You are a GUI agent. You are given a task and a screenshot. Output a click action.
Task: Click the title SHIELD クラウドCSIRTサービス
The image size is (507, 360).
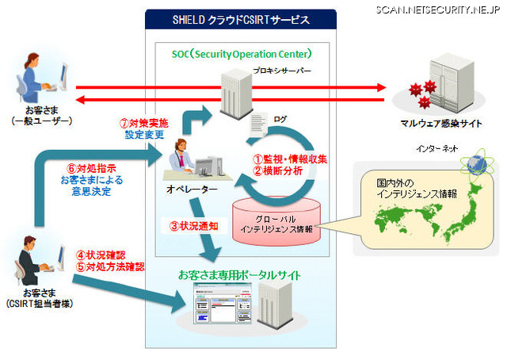click(x=241, y=18)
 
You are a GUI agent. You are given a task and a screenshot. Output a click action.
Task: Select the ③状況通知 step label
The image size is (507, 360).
click(x=192, y=225)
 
